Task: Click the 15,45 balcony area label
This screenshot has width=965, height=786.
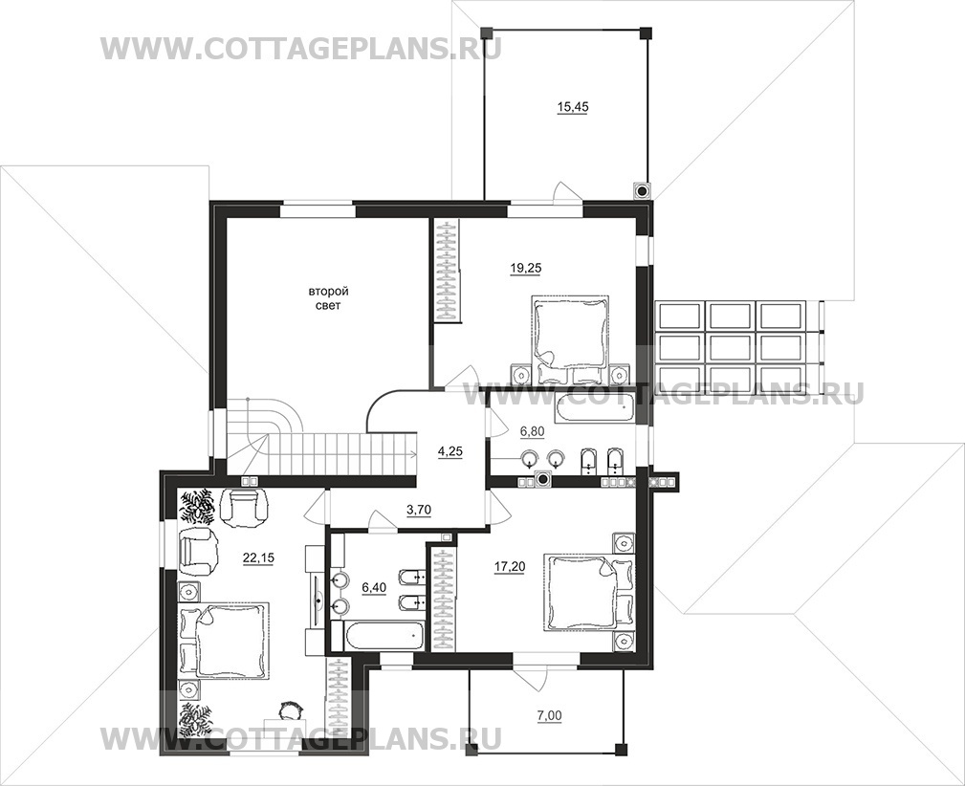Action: (x=572, y=107)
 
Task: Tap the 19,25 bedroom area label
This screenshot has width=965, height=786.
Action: (x=526, y=268)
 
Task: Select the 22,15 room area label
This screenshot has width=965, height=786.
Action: (x=258, y=557)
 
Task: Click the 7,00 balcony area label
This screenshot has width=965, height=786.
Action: (x=550, y=715)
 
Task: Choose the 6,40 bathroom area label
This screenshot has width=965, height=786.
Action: (x=374, y=587)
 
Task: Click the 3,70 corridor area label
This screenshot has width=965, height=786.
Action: (x=419, y=509)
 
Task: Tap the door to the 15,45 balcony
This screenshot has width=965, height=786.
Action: (x=566, y=191)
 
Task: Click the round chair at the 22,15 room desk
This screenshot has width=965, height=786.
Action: (x=289, y=710)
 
